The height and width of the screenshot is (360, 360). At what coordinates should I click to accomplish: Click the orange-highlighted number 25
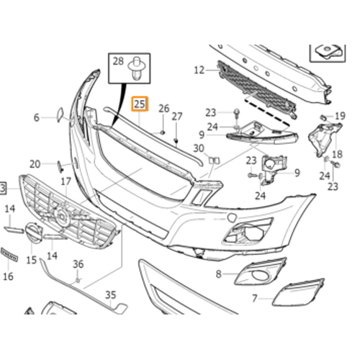pos(140,104)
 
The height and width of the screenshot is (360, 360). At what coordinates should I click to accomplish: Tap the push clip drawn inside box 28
pos(137,68)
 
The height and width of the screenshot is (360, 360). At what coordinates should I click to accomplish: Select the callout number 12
pos(199,70)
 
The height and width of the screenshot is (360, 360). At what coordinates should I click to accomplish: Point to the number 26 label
pos(164,109)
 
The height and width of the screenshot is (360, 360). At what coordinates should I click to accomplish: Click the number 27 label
pos(177,117)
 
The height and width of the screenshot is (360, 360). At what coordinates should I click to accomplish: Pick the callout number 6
pos(36,117)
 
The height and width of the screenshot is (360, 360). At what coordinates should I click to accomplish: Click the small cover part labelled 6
pos(60,114)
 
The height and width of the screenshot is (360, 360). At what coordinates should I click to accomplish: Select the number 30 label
pos(199,148)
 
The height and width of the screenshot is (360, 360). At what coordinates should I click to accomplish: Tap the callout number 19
pos(340,116)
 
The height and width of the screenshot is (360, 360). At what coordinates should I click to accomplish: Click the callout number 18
pos(337,154)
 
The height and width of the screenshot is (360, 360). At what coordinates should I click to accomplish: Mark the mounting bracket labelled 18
pos(324,139)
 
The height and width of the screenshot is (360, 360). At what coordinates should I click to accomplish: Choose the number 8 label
pos(218,274)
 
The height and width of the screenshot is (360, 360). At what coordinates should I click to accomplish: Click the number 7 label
pos(255,298)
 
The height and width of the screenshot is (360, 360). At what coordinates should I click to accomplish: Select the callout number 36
pos(78,264)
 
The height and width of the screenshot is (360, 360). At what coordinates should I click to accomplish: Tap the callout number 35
pos(111,294)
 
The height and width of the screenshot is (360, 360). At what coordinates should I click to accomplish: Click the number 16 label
pos(8,276)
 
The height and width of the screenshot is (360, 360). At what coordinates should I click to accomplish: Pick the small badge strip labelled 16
pos(9,255)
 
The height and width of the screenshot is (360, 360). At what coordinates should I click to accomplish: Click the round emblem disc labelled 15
pos(34,233)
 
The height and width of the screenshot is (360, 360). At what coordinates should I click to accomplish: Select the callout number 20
pos(35,164)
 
